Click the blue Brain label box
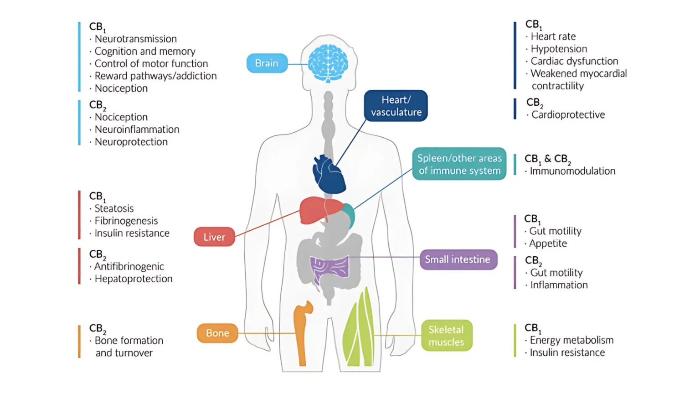click(x=267, y=63)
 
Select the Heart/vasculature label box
click(x=396, y=106)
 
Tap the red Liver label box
click(x=214, y=237)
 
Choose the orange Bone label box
click(x=217, y=333)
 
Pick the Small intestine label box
click(x=458, y=259)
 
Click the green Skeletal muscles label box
click(x=446, y=336)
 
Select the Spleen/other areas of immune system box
click(x=459, y=164)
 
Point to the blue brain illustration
click(x=328, y=63)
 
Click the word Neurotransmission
click(x=135, y=39)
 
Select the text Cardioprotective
click(x=568, y=115)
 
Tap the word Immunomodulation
click(x=572, y=171)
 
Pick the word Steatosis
click(x=114, y=209)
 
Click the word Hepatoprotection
click(x=134, y=279)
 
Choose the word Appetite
click(x=548, y=244)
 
